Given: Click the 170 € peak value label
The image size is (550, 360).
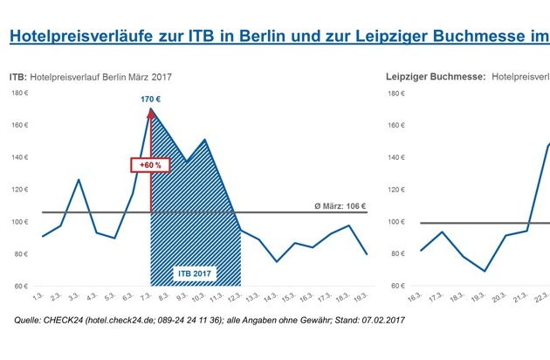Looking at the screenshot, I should tap(151, 99).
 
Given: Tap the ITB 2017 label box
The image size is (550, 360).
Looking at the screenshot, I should tap(196, 273).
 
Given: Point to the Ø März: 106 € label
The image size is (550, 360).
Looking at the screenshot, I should tap(340, 206).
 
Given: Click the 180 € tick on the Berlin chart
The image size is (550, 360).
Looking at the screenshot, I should tap(19, 93).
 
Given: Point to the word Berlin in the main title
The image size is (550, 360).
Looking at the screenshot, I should tap(299, 37).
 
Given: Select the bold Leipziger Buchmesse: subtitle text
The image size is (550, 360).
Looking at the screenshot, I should tap(435, 78).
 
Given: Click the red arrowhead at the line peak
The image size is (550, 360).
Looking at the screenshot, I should tap(151, 112).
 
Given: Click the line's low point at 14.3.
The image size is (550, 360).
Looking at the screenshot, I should tap(277, 261).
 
